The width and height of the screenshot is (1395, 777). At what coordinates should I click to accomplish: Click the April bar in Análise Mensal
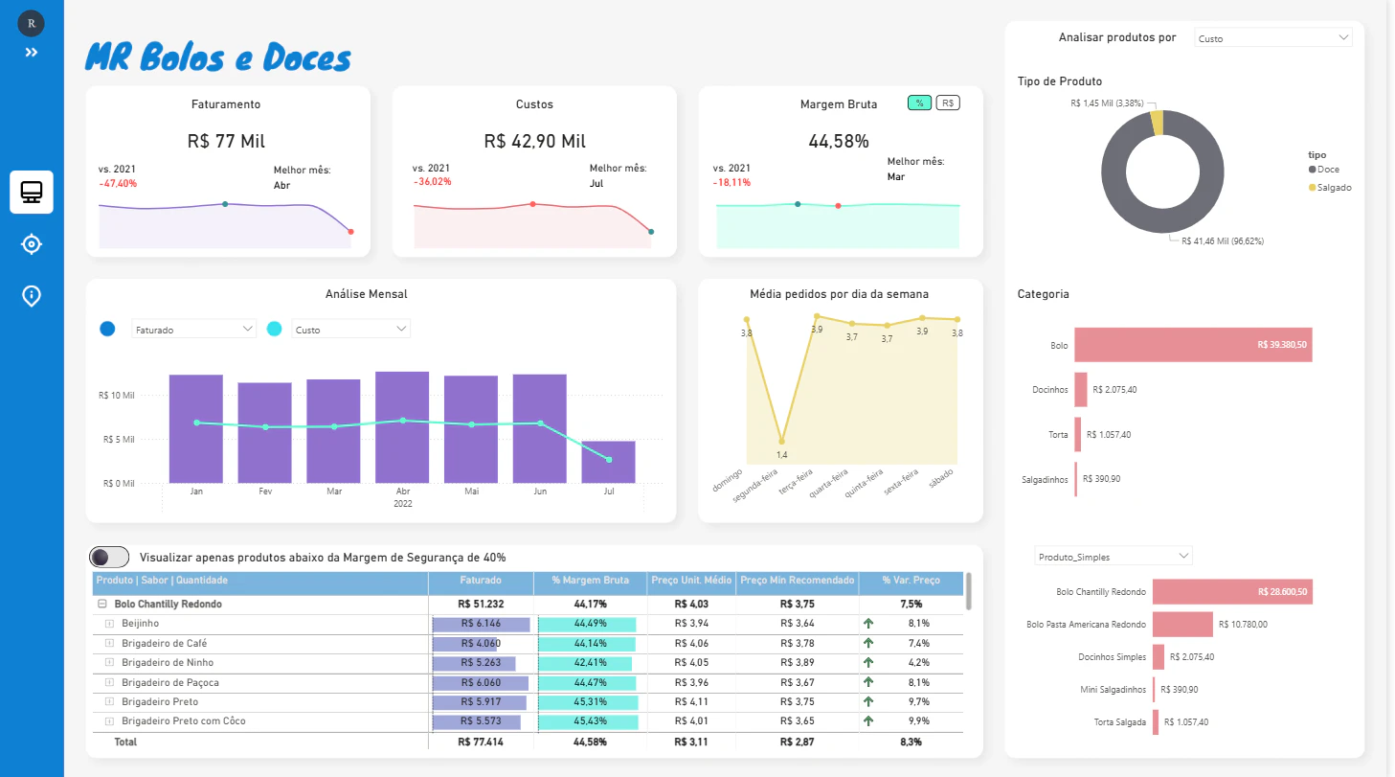(x=402, y=426)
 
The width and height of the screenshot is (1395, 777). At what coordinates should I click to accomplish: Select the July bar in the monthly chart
(x=608, y=462)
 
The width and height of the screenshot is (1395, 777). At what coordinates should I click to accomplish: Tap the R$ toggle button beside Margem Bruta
(x=947, y=103)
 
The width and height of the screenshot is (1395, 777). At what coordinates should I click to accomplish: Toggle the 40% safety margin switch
(x=109, y=557)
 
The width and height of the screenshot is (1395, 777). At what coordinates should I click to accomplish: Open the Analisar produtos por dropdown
(x=1273, y=38)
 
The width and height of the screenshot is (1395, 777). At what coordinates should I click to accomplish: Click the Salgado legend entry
(x=1330, y=188)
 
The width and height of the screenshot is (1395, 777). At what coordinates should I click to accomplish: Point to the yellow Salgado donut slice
(x=1157, y=123)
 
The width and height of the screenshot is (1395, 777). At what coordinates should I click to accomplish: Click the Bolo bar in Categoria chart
(x=1193, y=345)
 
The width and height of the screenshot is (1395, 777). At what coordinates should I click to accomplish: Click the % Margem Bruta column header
(x=590, y=580)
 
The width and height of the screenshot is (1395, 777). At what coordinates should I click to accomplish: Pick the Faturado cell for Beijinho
(x=481, y=624)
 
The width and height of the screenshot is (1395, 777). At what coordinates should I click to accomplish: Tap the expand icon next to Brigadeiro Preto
(x=109, y=701)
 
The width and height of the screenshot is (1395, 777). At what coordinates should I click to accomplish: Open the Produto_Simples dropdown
(x=1113, y=556)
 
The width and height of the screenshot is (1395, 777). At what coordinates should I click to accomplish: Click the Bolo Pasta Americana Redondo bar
(x=1182, y=624)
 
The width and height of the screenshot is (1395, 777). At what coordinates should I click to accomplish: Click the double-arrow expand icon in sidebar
(x=32, y=53)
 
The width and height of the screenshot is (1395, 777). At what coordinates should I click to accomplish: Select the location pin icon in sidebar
(x=32, y=295)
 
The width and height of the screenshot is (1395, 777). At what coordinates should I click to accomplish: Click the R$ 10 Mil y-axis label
(x=117, y=395)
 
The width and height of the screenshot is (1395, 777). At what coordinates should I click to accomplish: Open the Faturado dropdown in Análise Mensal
(x=193, y=329)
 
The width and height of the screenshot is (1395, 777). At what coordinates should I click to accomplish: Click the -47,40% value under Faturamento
(x=118, y=183)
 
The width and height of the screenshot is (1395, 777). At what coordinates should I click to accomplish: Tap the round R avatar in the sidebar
(x=32, y=24)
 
